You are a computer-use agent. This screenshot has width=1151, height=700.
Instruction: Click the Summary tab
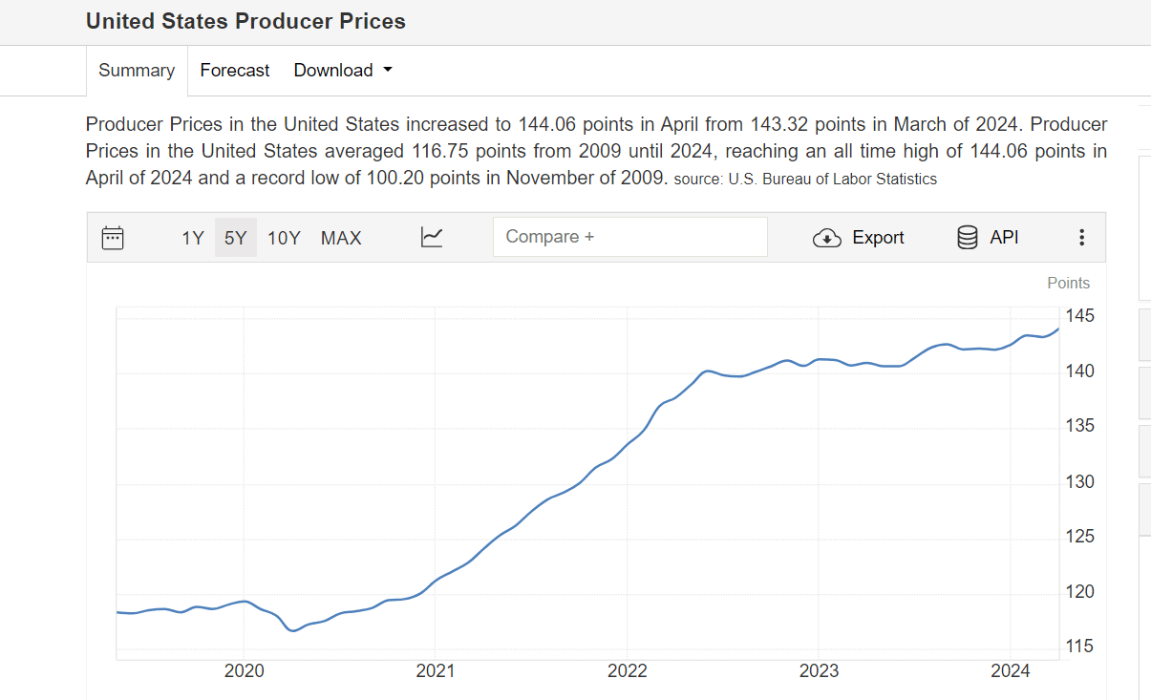tap(137, 71)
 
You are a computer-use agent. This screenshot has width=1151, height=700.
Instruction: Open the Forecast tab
tap(235, 71)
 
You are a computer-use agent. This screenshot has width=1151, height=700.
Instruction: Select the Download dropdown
tap(343, 71)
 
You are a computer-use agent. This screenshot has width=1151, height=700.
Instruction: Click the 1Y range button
tap(193, 238)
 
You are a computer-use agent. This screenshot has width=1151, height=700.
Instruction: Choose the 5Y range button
tap(235, 238)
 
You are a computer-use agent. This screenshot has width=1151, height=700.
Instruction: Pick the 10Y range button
tap(284, 238)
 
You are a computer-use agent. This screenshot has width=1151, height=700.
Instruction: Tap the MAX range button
tap(341, 238)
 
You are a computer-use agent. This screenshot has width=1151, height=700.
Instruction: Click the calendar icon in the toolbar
tap(113, 238)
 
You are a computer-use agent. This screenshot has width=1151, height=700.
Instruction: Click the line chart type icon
tap(432, 238)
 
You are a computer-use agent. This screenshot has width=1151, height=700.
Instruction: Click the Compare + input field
tap(629, 237)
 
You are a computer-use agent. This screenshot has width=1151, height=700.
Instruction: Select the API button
tap(988, 237)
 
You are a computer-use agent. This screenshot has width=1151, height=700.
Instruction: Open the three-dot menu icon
tap(1081, 238)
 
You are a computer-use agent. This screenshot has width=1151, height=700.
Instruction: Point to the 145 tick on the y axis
tap(1080, 316)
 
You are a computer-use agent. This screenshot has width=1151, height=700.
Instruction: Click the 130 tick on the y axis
tap(1080, 482)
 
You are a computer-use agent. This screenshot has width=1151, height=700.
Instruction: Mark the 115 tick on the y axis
tap(1080, 647)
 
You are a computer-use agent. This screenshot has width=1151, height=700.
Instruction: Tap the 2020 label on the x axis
tap(244, 671)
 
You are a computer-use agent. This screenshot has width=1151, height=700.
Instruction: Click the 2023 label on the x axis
tap(819, 671)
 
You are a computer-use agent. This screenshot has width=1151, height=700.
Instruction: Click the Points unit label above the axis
tap(1068, 283)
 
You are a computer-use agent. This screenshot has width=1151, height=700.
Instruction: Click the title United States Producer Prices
tap(245, 21)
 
